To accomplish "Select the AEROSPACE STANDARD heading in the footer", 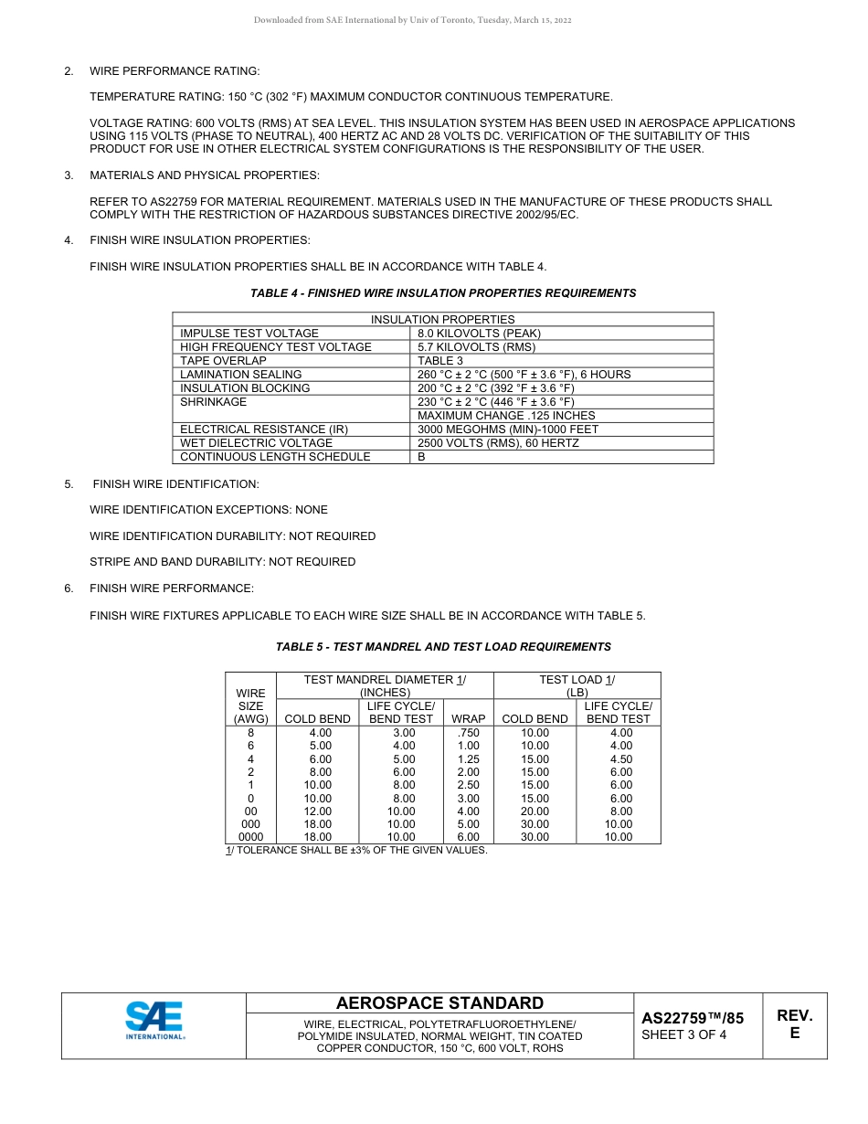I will pyautogui.click(x=439, y=1003).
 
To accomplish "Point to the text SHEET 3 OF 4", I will pyautogui.click(x=684, y=1035).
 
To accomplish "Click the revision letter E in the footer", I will pyautogui.click(x=794, y=1034).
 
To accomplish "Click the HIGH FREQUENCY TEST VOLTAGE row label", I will pyautogui.click(x=276, y=347).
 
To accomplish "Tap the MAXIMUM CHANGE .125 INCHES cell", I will pyautogui.click(x=506, y=416).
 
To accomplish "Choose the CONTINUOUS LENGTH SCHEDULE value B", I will pyautogui.click(x=421, y=457).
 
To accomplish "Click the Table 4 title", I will pyautogui.click(x=443, y=293).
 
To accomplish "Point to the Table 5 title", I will pyautogui.click(x=443, y=647).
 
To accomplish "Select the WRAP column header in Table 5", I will pyautogui.click(x=469, y=719).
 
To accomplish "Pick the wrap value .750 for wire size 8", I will pyautogui.click(x=468, y=733).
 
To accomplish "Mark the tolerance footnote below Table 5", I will pyautogui.click(x=356, y=851).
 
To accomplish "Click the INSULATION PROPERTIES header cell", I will pyautogui.click(x=442, y=320).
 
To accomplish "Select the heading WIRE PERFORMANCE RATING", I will pyautogui.click(x=175, y=71).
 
